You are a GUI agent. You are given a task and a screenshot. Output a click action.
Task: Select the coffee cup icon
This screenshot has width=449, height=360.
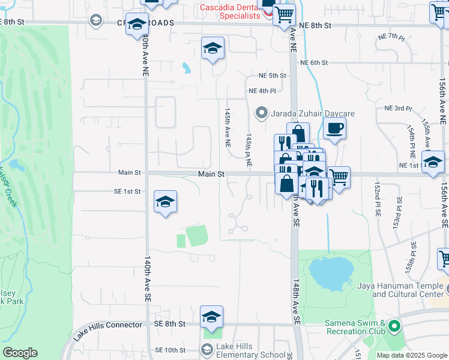[334, 127]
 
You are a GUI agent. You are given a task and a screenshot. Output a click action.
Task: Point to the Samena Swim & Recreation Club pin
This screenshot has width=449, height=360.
[394, 326]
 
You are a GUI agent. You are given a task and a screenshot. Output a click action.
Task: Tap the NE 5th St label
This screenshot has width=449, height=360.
[273, 76]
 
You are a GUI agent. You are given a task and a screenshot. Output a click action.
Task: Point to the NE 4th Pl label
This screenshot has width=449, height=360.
[262, 91]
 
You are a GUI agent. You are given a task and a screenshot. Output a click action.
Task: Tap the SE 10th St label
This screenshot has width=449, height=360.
[170, 350]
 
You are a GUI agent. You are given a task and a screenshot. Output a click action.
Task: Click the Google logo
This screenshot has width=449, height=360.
[20, 353]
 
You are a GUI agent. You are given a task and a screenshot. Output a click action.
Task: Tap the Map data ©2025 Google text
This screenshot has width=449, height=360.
[412, 355]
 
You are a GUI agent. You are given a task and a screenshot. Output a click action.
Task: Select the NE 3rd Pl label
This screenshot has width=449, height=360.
[398, 109]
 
